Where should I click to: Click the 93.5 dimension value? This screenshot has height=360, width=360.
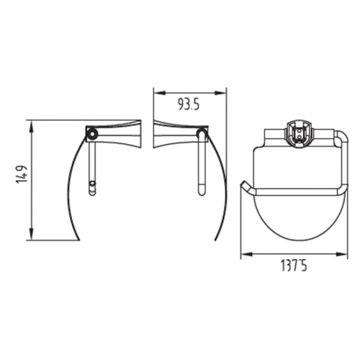[189, 105]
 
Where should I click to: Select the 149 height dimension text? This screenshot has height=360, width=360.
[22, 174]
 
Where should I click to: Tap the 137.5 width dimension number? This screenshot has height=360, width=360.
[294, 266]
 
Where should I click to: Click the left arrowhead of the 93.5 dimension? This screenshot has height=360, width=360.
[160, 92]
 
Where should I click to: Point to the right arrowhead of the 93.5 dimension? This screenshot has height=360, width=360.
[220, 92]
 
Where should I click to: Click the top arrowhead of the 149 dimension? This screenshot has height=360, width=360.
[32, 127]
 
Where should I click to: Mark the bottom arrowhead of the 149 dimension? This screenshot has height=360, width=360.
[32, 234]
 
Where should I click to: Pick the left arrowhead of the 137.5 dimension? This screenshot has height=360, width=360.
[247, 254]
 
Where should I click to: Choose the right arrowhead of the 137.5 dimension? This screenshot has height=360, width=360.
[341, 254]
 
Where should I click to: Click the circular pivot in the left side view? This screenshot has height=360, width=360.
[92, 133]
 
